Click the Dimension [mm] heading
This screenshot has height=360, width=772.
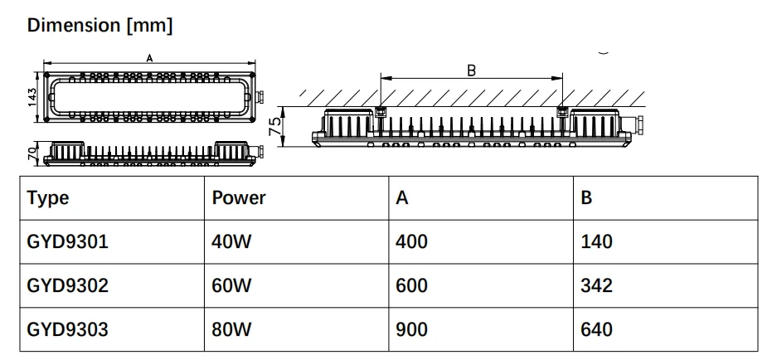click(100, 25)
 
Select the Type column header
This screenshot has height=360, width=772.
click(48, 198)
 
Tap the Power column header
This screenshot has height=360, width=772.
click(239, 198)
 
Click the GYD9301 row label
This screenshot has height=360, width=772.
click(67, 242)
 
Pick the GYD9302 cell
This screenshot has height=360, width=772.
click(67, 285)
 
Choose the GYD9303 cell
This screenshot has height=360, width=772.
click(67, 329)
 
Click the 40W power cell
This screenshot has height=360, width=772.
click(231, 242)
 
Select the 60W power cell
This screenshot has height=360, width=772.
click(231, 285)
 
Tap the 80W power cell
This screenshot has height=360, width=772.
click(231, 329)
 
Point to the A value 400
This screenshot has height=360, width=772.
click(411, 242)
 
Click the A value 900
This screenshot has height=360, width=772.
click(411, 329)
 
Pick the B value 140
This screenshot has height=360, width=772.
click(597, 242)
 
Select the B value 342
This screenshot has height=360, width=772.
click(597, 285)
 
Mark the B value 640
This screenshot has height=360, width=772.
click(597, 329)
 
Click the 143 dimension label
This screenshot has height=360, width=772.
click(32, 98)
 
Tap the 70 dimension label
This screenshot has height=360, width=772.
click(32, 153)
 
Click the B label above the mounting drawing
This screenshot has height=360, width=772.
click(471, 71)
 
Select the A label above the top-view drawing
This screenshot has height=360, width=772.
click(149, 59)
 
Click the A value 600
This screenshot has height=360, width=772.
click(411, 285)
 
